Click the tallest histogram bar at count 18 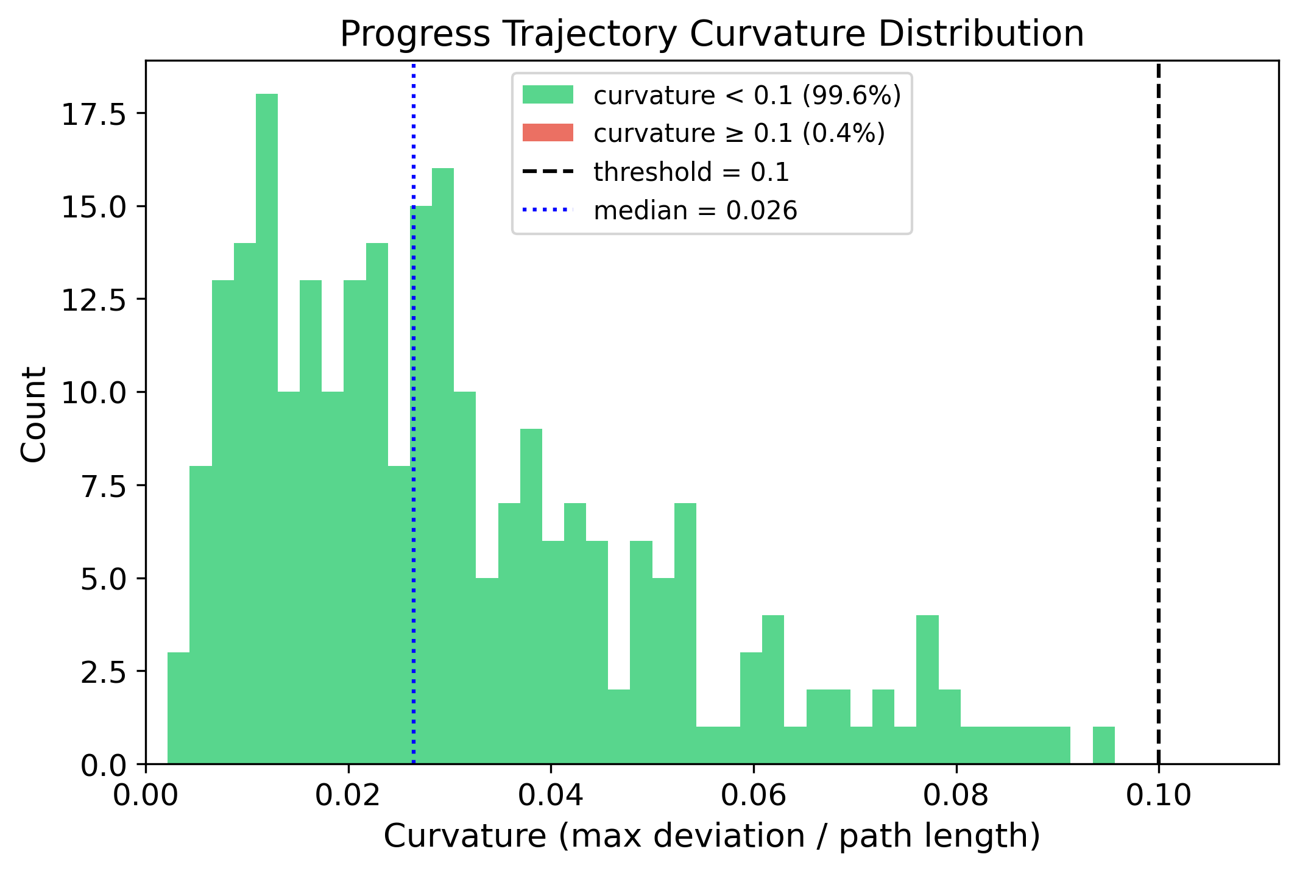[267, 426]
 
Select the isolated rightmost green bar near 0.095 [1103, 745]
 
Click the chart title [712, 34]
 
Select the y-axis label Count [34, 414]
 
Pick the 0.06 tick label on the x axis [753, 796]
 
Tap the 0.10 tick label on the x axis [1158, 796]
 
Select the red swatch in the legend [548, 133]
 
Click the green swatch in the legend [548, 95]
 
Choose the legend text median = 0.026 [695, 211]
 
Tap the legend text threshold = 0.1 [691, 172]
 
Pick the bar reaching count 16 [443, 463]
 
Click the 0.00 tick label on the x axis [146, 796]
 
